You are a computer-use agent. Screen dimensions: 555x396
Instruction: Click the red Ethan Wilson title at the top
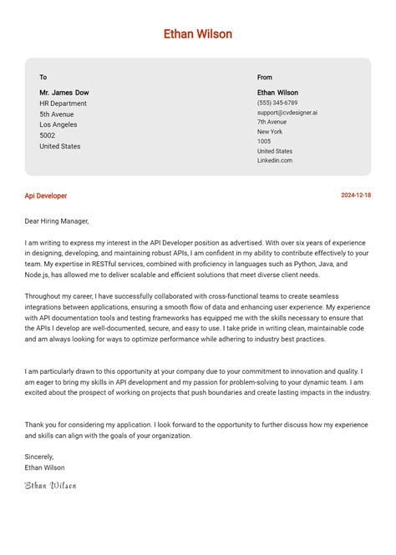(198, 34)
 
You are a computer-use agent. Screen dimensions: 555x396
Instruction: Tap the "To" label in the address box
(43, 78)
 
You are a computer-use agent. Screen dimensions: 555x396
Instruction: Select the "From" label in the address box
(265, 78)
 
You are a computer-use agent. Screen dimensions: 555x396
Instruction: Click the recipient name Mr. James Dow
(64, 93)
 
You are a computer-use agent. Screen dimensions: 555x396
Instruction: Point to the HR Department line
(63, 103)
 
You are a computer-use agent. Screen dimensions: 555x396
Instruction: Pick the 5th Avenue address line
(57, 114)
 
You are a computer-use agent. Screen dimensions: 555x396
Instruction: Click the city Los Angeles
(58, 125)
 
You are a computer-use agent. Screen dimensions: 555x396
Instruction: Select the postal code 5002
(48, 135)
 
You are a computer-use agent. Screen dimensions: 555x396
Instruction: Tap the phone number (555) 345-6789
(277, 103)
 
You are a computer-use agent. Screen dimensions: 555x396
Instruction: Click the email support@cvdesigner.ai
(287, 113)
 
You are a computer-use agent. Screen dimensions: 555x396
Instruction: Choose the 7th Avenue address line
(272, 122)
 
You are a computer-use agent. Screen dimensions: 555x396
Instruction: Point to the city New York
(270, 132)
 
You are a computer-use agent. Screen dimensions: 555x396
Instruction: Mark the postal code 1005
(264, 142)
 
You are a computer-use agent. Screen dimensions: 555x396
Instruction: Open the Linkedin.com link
(275, 160)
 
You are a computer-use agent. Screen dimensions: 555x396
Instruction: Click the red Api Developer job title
(46, 196)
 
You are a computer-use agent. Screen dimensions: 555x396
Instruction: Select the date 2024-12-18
(356, 195)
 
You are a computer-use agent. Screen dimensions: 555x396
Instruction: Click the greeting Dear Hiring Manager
(57, 221)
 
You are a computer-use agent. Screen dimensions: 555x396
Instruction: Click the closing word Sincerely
(39, 457)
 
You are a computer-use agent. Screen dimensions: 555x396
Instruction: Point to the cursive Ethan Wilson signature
(50, 485)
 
